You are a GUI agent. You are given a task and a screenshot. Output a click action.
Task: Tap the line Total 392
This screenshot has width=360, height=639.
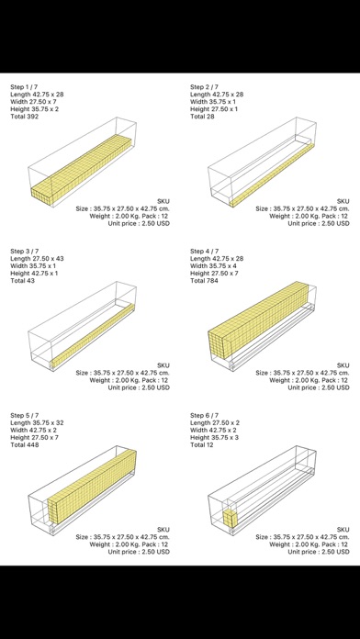coord(25,117)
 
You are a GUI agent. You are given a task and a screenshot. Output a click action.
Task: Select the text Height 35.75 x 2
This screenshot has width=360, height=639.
coord(34,109)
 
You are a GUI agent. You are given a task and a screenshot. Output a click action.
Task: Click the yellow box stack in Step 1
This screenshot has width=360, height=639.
coord(82,169)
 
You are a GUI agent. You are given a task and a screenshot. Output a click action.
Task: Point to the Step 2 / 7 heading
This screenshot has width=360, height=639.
coord(204,87)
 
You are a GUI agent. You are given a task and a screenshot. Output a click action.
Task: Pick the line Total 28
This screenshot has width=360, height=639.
coord(202,117)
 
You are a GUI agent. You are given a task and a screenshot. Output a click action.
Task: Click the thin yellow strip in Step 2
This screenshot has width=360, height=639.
coord(272,174)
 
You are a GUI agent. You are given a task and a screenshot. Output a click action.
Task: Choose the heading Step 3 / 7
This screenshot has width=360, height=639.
coord(25,251)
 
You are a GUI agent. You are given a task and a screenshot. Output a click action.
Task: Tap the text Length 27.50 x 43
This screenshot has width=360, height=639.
coord(37,258)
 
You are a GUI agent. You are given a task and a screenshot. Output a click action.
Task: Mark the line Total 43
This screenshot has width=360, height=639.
coord(22,280)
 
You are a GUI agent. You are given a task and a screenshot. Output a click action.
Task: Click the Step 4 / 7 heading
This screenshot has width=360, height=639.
coord(204,251)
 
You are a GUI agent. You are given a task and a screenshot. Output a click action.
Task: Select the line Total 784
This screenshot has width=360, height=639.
coord(204,280)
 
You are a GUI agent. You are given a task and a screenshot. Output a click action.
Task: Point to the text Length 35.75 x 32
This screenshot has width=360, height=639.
coord(37,422)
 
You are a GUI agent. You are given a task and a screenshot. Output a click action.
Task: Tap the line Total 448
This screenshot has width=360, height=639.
coord(25,444)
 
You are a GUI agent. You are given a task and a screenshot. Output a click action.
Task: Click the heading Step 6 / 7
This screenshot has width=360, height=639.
coord(204,415)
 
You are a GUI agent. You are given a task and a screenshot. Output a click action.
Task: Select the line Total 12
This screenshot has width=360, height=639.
coord(202,444)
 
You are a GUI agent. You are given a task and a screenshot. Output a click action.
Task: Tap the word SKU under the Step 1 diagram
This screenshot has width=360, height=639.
coord(163,201)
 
